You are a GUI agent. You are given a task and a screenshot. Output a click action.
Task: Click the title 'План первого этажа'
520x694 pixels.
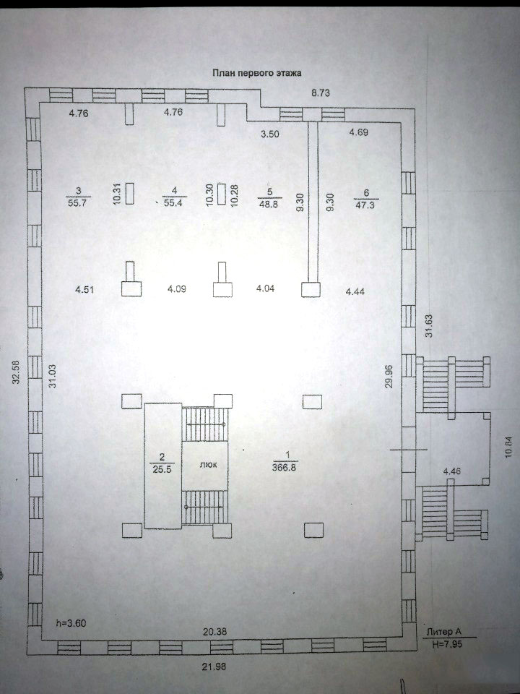257,73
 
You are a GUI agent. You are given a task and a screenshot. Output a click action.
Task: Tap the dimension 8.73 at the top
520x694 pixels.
321,93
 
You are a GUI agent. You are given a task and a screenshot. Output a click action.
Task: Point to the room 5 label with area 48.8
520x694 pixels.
269,197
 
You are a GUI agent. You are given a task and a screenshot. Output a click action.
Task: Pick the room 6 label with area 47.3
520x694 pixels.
365,199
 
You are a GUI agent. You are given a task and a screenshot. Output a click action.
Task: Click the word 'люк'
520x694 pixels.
208,465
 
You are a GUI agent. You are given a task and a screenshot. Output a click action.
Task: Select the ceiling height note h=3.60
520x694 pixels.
71,623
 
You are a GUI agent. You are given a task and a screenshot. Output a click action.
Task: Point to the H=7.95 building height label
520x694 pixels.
447,644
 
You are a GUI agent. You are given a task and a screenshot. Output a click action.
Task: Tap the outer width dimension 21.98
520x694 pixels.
214,666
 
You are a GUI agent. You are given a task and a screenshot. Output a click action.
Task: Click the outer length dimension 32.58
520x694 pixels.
17,372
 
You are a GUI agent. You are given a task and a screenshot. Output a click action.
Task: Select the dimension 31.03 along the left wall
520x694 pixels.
52,377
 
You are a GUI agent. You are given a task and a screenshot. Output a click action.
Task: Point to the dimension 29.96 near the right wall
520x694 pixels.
389,376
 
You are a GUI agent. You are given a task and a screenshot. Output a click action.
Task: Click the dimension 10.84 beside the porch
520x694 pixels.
509,447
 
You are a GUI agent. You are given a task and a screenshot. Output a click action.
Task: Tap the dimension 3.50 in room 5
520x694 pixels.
269,134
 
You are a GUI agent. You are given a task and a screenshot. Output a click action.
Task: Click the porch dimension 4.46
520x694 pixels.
452,471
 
